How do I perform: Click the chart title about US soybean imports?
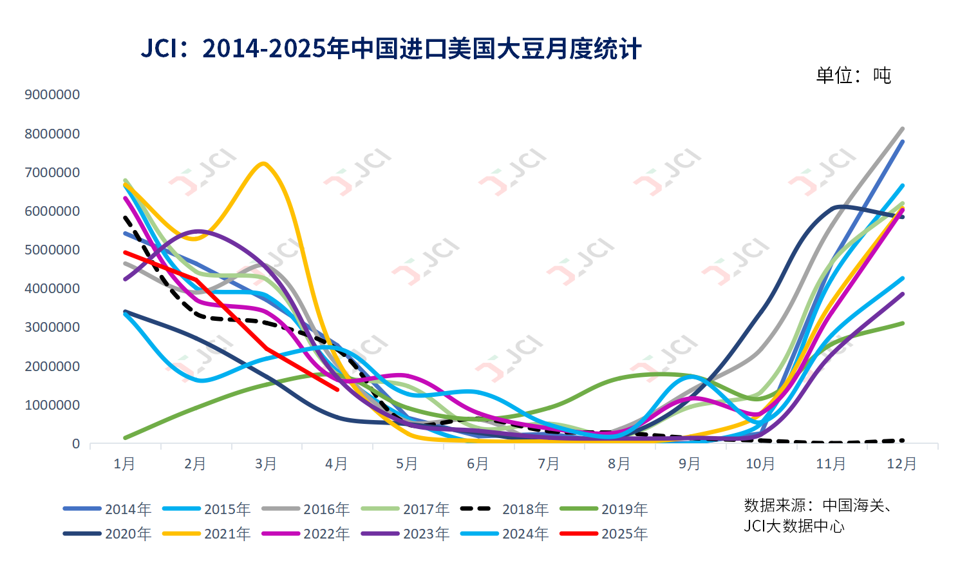391,49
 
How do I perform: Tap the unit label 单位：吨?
853,76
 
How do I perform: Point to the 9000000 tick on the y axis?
52,95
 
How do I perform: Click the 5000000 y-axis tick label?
52,250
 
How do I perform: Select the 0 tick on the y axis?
76,444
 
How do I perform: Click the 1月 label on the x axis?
124,464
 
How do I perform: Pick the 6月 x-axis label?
478,464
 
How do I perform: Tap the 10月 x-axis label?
760,464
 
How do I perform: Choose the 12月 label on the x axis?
901,464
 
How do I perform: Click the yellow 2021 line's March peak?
263,164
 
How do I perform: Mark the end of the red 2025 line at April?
337,389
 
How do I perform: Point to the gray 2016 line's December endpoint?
903,129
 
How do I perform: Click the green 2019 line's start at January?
124,438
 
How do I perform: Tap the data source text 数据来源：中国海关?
817,506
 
